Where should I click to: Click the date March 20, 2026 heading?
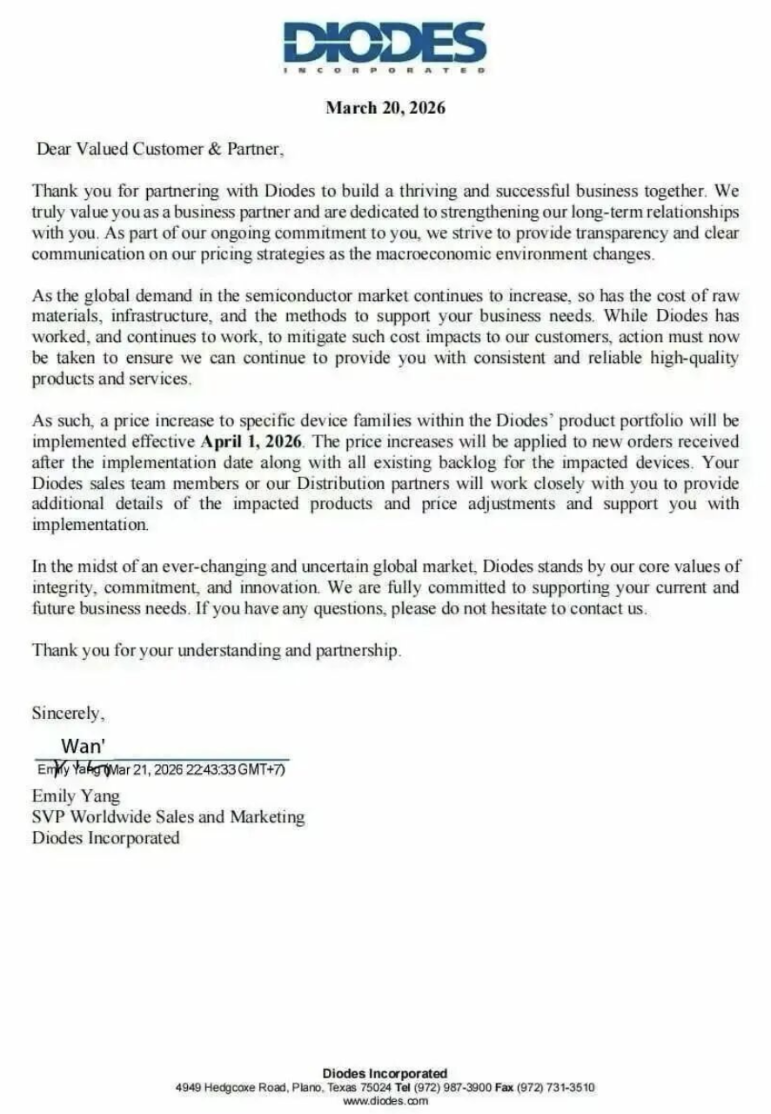click(385, 108)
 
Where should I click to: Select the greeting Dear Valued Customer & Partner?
click(159, 148)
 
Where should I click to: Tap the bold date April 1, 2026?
click(251, 441)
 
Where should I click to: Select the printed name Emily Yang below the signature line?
click(76, 795)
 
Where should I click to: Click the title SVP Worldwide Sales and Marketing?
click(168, 816)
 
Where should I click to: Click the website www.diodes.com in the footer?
click(385, 1101)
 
